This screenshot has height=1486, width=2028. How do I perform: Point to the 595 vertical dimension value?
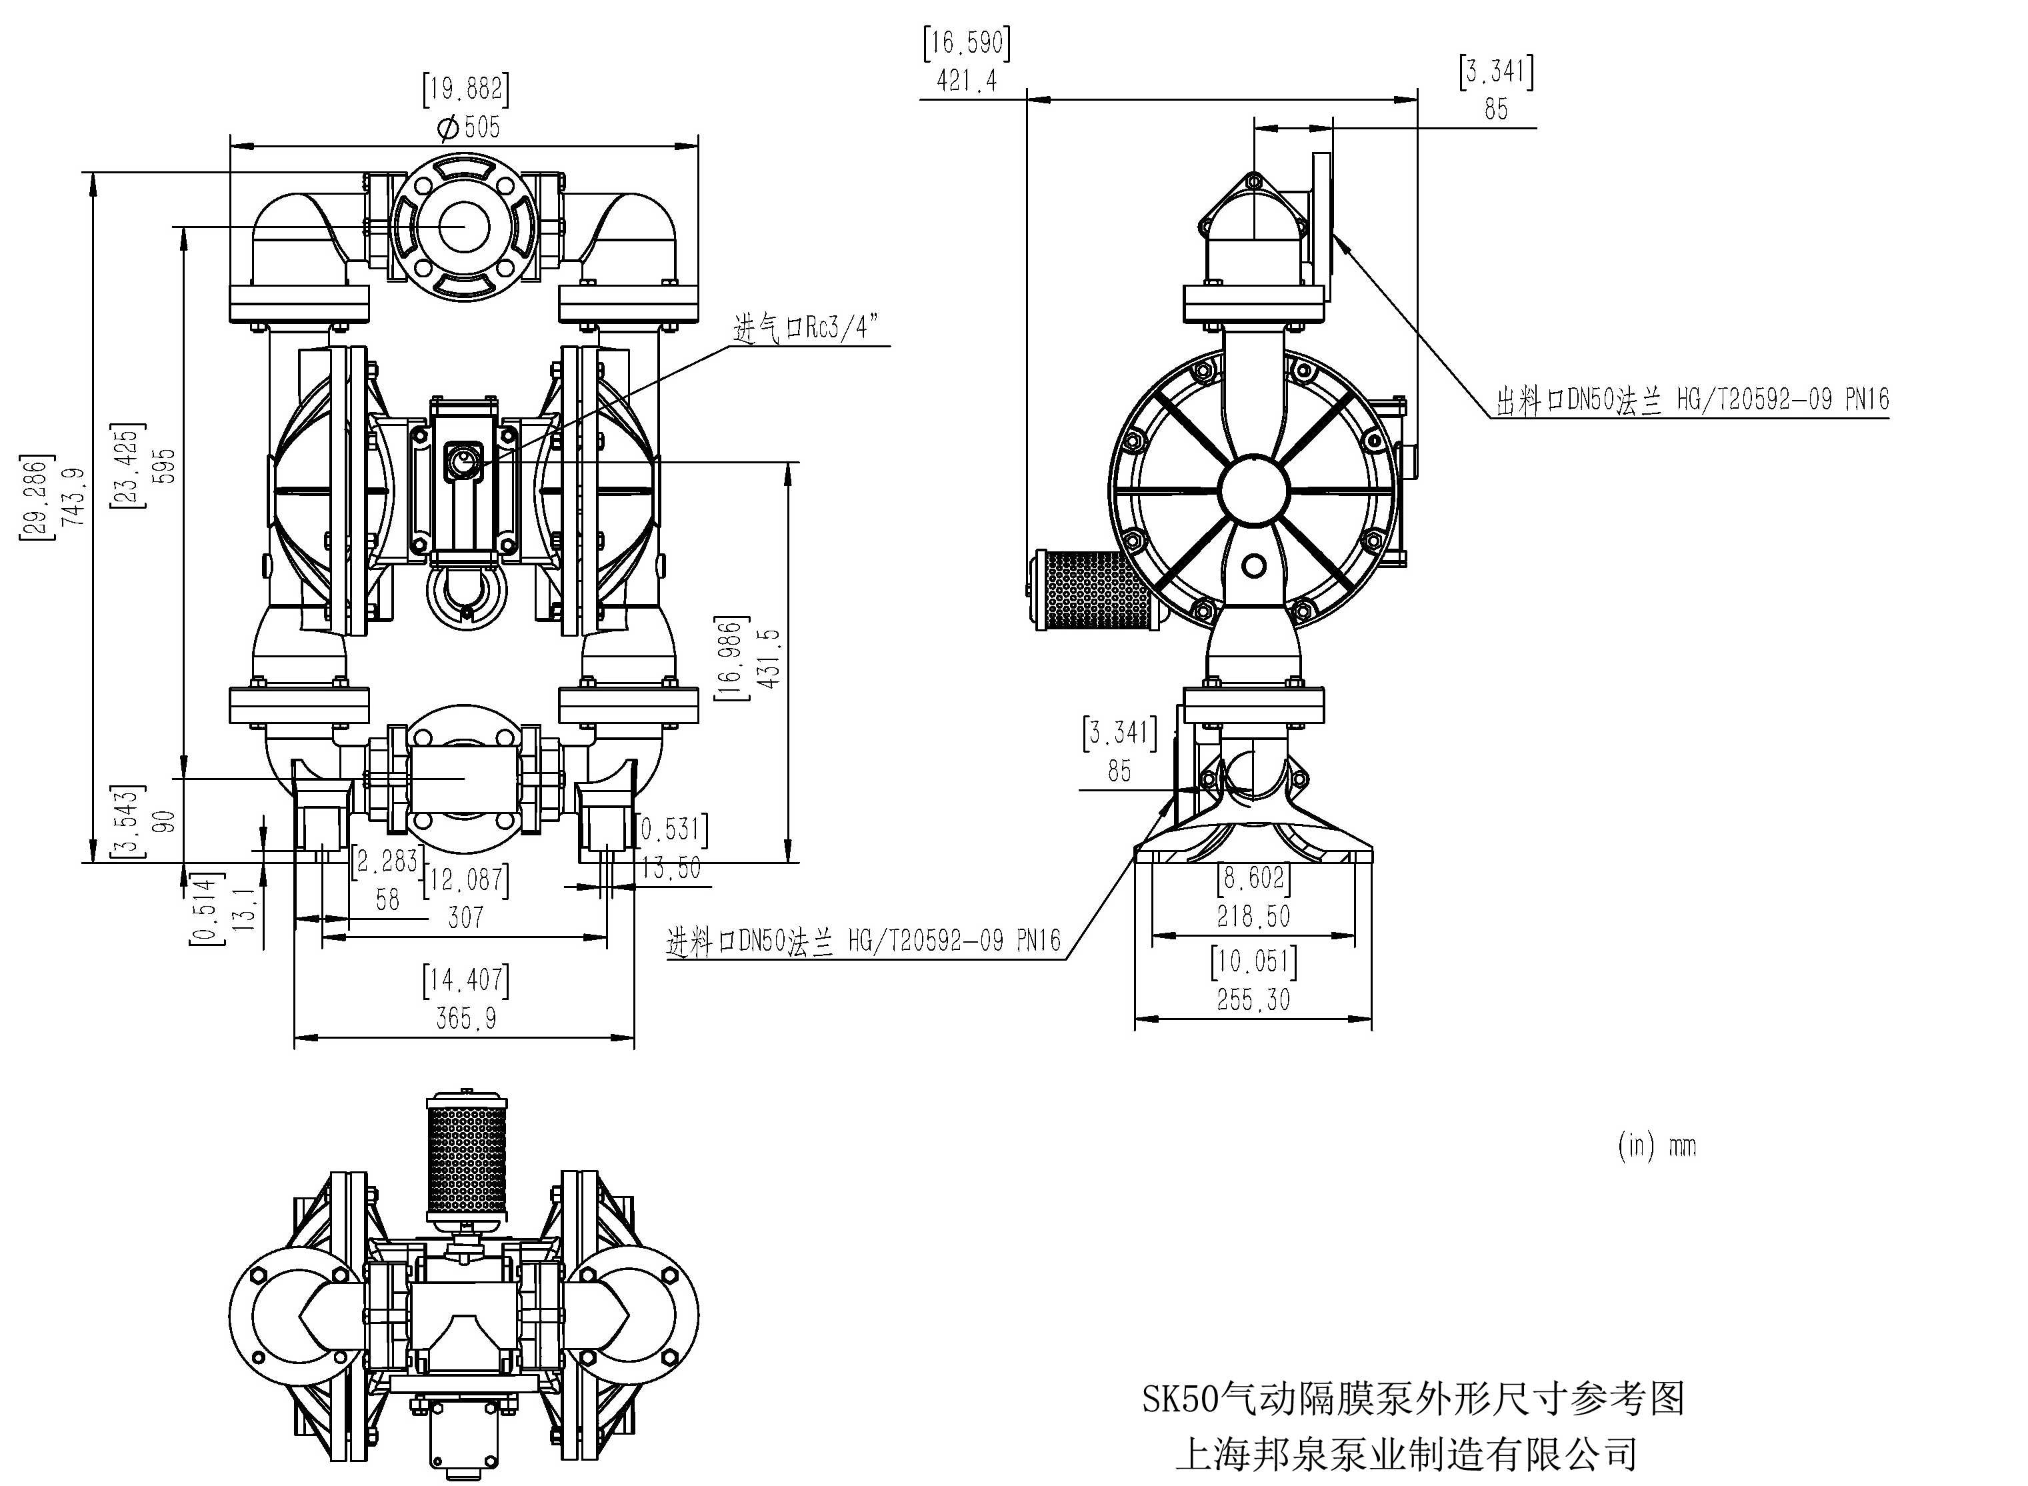click(165, 466)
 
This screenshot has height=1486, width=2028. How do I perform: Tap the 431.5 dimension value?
click(769, 659)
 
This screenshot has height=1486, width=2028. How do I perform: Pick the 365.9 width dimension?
click(465, 1018)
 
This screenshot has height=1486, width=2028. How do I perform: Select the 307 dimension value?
click(465, 917)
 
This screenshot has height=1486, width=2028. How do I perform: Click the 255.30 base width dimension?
click(1253, 999)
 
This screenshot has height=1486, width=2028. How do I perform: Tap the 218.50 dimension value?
click(1253, 917)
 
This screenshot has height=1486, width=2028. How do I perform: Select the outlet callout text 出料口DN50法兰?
click(1691, 400)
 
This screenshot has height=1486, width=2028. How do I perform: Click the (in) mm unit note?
click(1656, 1145)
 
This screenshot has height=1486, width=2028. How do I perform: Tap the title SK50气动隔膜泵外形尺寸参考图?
click(1413, 1399)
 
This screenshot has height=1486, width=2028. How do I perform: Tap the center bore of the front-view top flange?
click(463, 225)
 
